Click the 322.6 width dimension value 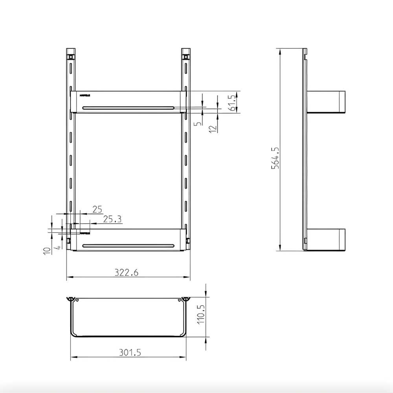tap(127, 272)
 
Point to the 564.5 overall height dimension tap(275, 158)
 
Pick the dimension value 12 tap(213, 128)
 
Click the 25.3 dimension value tap(112, 219)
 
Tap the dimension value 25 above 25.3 tap(97, 209)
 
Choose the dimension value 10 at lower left tap(47, 250)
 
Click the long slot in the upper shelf tap(128, 107)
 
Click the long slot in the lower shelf tap(128, 246)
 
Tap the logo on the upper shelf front tap(84, 95)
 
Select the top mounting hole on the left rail tap(71, 57)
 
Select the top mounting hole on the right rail tap(185, 57)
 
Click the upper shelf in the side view tap(326, 102)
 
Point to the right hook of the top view tap(185, 299)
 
